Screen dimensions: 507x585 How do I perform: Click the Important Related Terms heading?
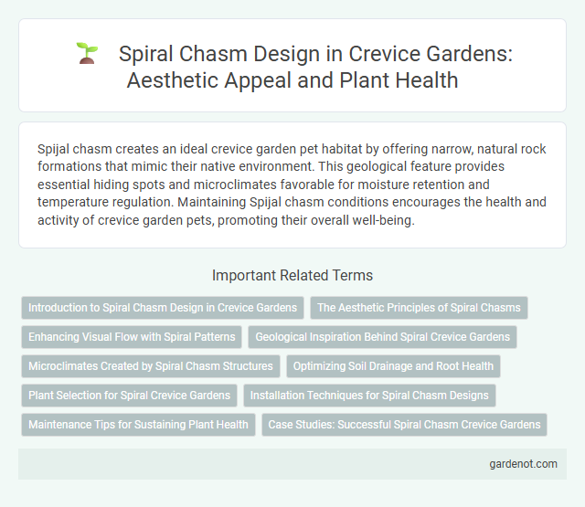[292, 275]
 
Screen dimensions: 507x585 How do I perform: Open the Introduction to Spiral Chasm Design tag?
[163, 308]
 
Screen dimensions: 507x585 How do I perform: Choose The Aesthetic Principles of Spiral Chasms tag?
[419, 308]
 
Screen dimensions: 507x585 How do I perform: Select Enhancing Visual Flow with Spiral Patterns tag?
[132, 337]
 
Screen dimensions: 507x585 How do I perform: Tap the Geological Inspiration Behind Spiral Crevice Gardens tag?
[382, 337]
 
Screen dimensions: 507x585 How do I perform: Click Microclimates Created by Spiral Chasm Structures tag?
[150, 366]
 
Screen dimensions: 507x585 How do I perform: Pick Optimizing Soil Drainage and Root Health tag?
[394, 366]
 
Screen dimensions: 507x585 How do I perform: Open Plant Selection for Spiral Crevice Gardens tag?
[129, 396]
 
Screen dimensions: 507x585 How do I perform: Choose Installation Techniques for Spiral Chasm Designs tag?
[370, 396]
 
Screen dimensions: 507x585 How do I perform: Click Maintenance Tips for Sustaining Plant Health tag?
[138, 425]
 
